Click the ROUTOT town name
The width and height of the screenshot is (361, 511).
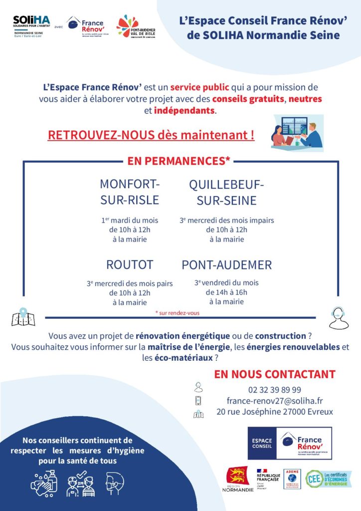click(x=130, y=264)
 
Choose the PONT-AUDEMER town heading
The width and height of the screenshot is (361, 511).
click(x=227, y=265)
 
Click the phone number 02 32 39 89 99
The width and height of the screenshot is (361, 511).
click(x=274, y=389)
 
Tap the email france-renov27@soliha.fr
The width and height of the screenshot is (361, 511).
click(x=274, y=401)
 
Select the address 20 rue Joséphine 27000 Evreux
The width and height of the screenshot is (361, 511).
click(x=275, y=412)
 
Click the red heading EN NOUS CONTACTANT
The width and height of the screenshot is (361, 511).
click(x=275, y=374)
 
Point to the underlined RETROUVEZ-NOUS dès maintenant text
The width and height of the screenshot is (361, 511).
click(x=151, y=135)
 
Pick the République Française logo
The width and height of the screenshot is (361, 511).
click(x=269, y=478)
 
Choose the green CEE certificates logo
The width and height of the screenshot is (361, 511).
click(x=329, y=479)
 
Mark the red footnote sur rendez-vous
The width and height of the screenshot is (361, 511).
click(x=178, y=313)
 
